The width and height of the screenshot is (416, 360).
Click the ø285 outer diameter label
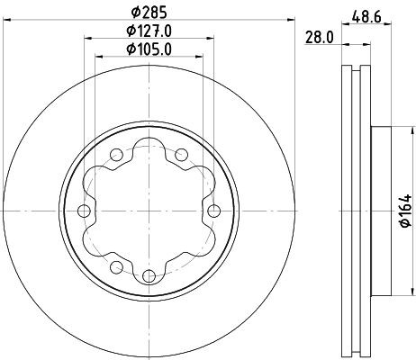pyautogui.click(x=149, y=13)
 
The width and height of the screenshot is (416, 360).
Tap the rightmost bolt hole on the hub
pyautogui.click(x=213, y=211)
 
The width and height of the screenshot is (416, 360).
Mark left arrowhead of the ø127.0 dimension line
pyautogui.click(x=86, y=40)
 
